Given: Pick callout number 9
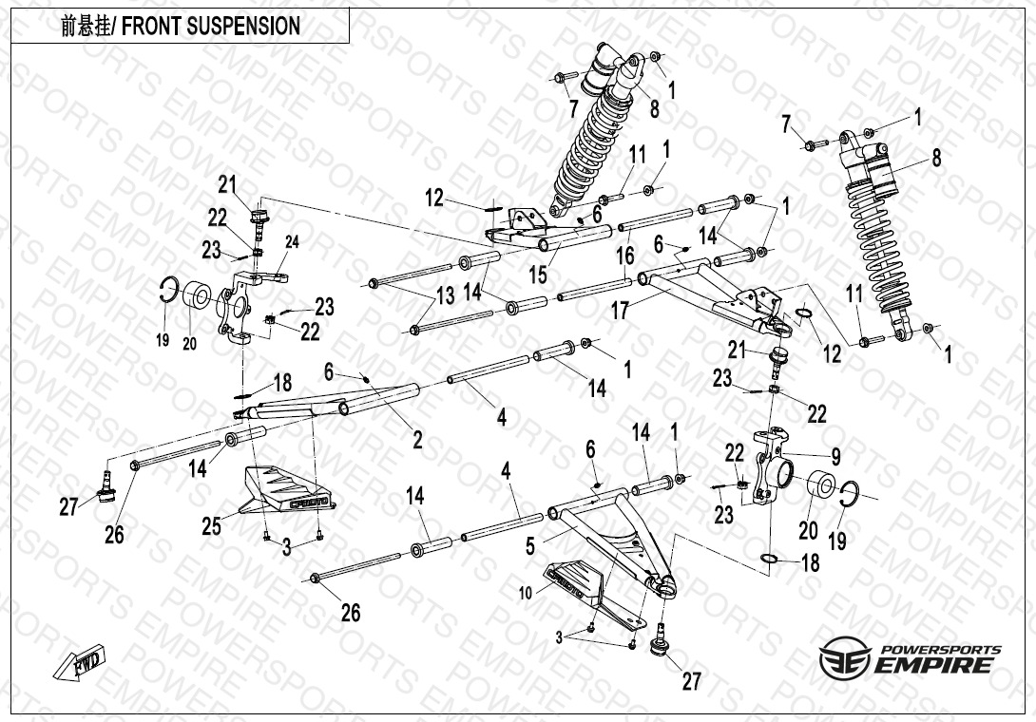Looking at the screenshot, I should tap(835, 455).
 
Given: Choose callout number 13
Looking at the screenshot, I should tap(445, 296).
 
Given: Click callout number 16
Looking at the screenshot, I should tap(624, 256).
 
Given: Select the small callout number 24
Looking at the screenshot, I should tap(292, 242).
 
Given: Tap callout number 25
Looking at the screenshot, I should tap(211, 524).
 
